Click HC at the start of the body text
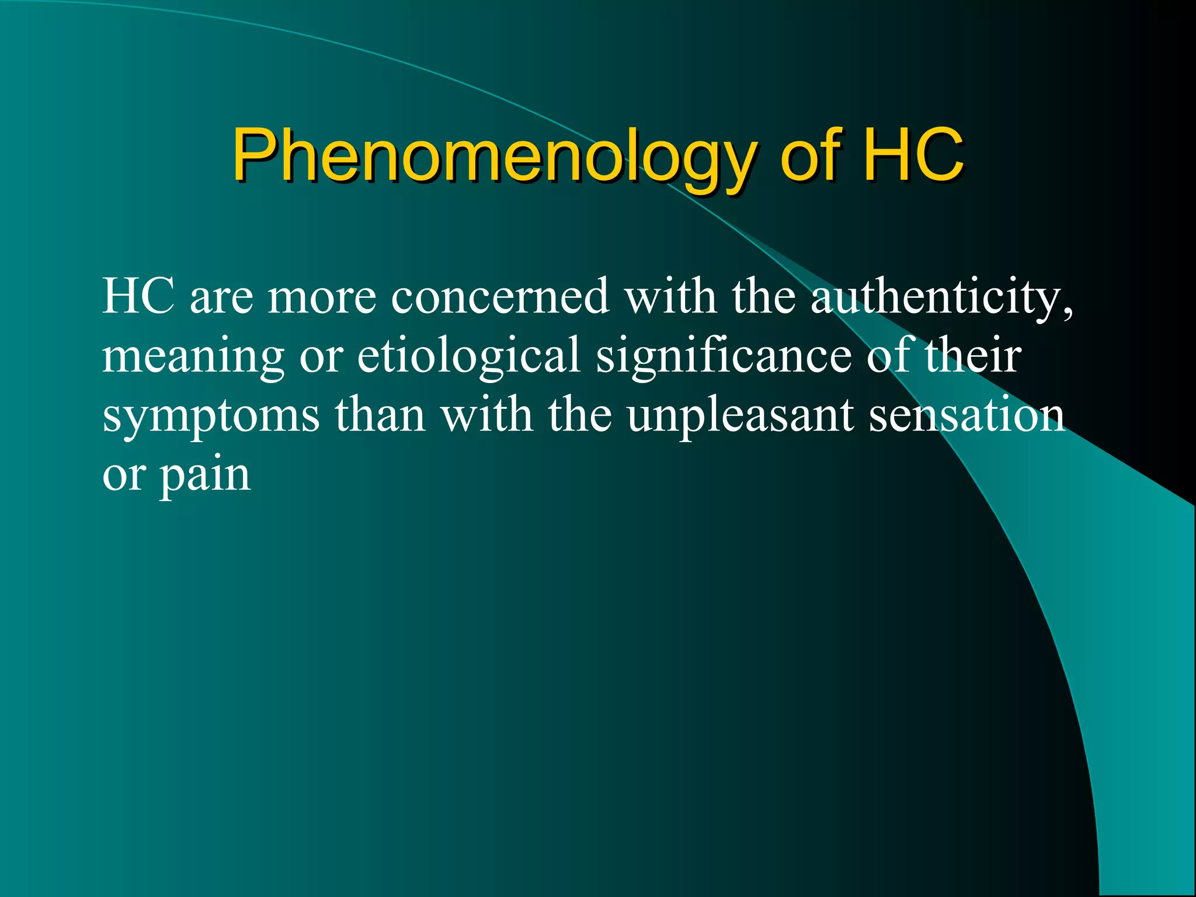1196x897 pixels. [138, 296]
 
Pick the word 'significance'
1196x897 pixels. [724, 356]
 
